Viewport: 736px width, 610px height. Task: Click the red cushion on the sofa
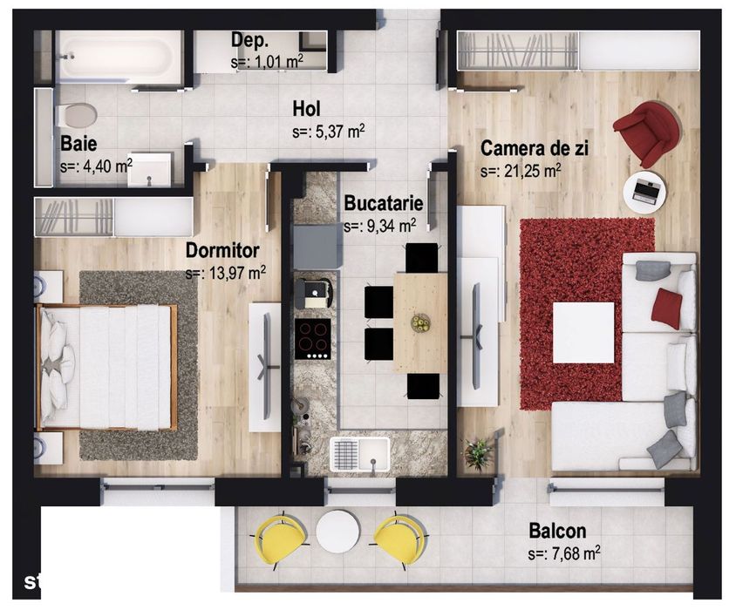tap(666, 308)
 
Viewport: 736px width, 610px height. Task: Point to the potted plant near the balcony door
tap(478, 453)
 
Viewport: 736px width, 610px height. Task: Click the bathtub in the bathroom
tap(119, 58)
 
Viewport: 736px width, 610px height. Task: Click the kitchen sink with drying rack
tap(359, 453)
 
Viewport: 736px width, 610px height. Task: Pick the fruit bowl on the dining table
tap(421, 322)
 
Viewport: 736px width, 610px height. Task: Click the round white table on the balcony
tap(337, 531)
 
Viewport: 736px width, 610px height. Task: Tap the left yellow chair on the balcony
tap(279, 538)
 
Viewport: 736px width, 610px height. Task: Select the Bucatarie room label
tap(384, 204)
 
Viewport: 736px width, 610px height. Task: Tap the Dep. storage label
tap(249, 40)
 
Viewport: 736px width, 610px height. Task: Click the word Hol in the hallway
tap(307, 109)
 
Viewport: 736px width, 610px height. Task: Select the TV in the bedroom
tap(265, 367)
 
